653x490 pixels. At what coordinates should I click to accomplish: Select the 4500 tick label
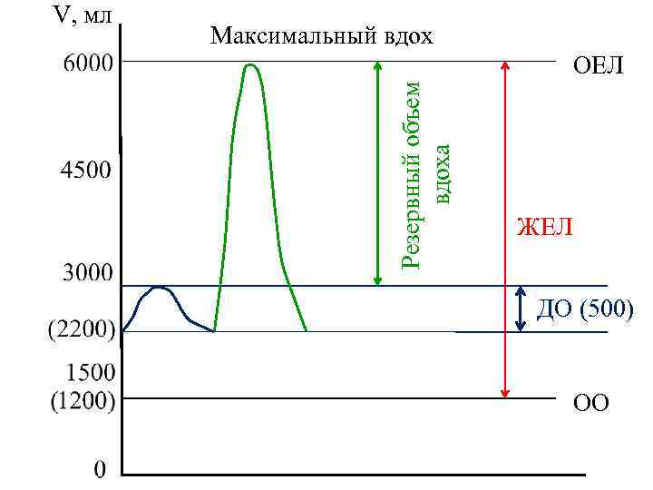pyautogui.click(x=81, y=170)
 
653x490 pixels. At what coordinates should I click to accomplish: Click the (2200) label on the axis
pyautogui.click(x=81, y=328)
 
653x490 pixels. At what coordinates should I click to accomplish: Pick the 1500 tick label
pyautogui.click(x=90, y=372)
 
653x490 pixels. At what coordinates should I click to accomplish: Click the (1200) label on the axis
pyautogui.click(x=81, y=399)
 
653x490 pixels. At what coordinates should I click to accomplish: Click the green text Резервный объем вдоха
pyautogui.click(x=426, y=172)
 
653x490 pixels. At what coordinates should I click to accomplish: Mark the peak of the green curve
pyautogui.click(x=251, y=64)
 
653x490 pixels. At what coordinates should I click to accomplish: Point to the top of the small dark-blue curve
pyautogui.click(x=160, y=288)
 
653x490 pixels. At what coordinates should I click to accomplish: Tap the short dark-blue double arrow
pyautogui.click(x=521, y=309)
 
